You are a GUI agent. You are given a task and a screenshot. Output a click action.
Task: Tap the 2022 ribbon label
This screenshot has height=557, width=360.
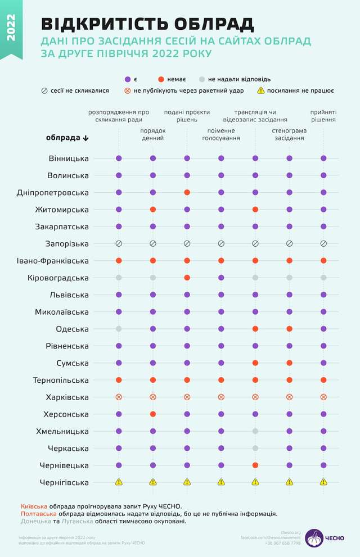11,28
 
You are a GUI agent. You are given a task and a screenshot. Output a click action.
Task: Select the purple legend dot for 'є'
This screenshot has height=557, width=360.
128,79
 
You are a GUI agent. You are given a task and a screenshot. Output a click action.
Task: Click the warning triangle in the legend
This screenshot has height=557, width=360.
261,90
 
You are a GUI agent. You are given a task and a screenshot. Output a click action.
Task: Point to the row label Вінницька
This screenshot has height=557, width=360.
69,159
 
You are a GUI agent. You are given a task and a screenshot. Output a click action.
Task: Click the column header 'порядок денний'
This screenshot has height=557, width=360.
153,134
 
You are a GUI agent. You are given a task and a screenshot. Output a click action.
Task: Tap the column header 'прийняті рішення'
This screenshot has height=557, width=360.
323,116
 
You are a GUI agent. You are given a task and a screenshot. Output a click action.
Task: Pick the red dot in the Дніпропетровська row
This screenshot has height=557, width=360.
187,193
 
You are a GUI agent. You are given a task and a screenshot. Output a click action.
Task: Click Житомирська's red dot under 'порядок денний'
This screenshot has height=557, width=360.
153,210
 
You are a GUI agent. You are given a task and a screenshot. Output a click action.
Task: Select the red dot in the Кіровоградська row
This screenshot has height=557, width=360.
187,278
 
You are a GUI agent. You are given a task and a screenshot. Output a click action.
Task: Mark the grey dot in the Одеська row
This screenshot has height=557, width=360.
119,329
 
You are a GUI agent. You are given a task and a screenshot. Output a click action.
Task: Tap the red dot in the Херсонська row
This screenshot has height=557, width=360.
153,414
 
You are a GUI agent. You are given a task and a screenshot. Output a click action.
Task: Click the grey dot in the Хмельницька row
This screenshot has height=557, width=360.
255,431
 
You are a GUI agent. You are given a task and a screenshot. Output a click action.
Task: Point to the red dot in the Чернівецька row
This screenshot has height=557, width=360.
255,465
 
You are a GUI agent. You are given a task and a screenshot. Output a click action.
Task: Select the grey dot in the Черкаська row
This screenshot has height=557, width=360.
255,449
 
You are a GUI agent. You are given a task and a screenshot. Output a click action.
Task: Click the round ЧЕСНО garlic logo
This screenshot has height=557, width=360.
314,538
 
